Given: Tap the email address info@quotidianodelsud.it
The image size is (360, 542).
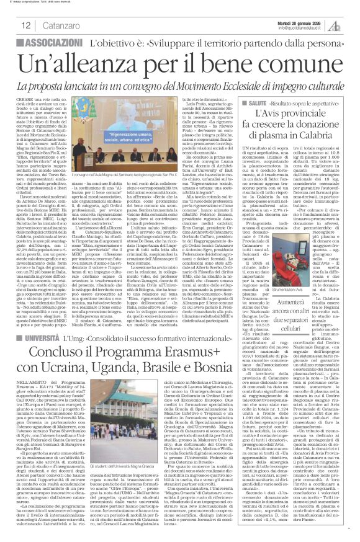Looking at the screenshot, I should tap(308, 27).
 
